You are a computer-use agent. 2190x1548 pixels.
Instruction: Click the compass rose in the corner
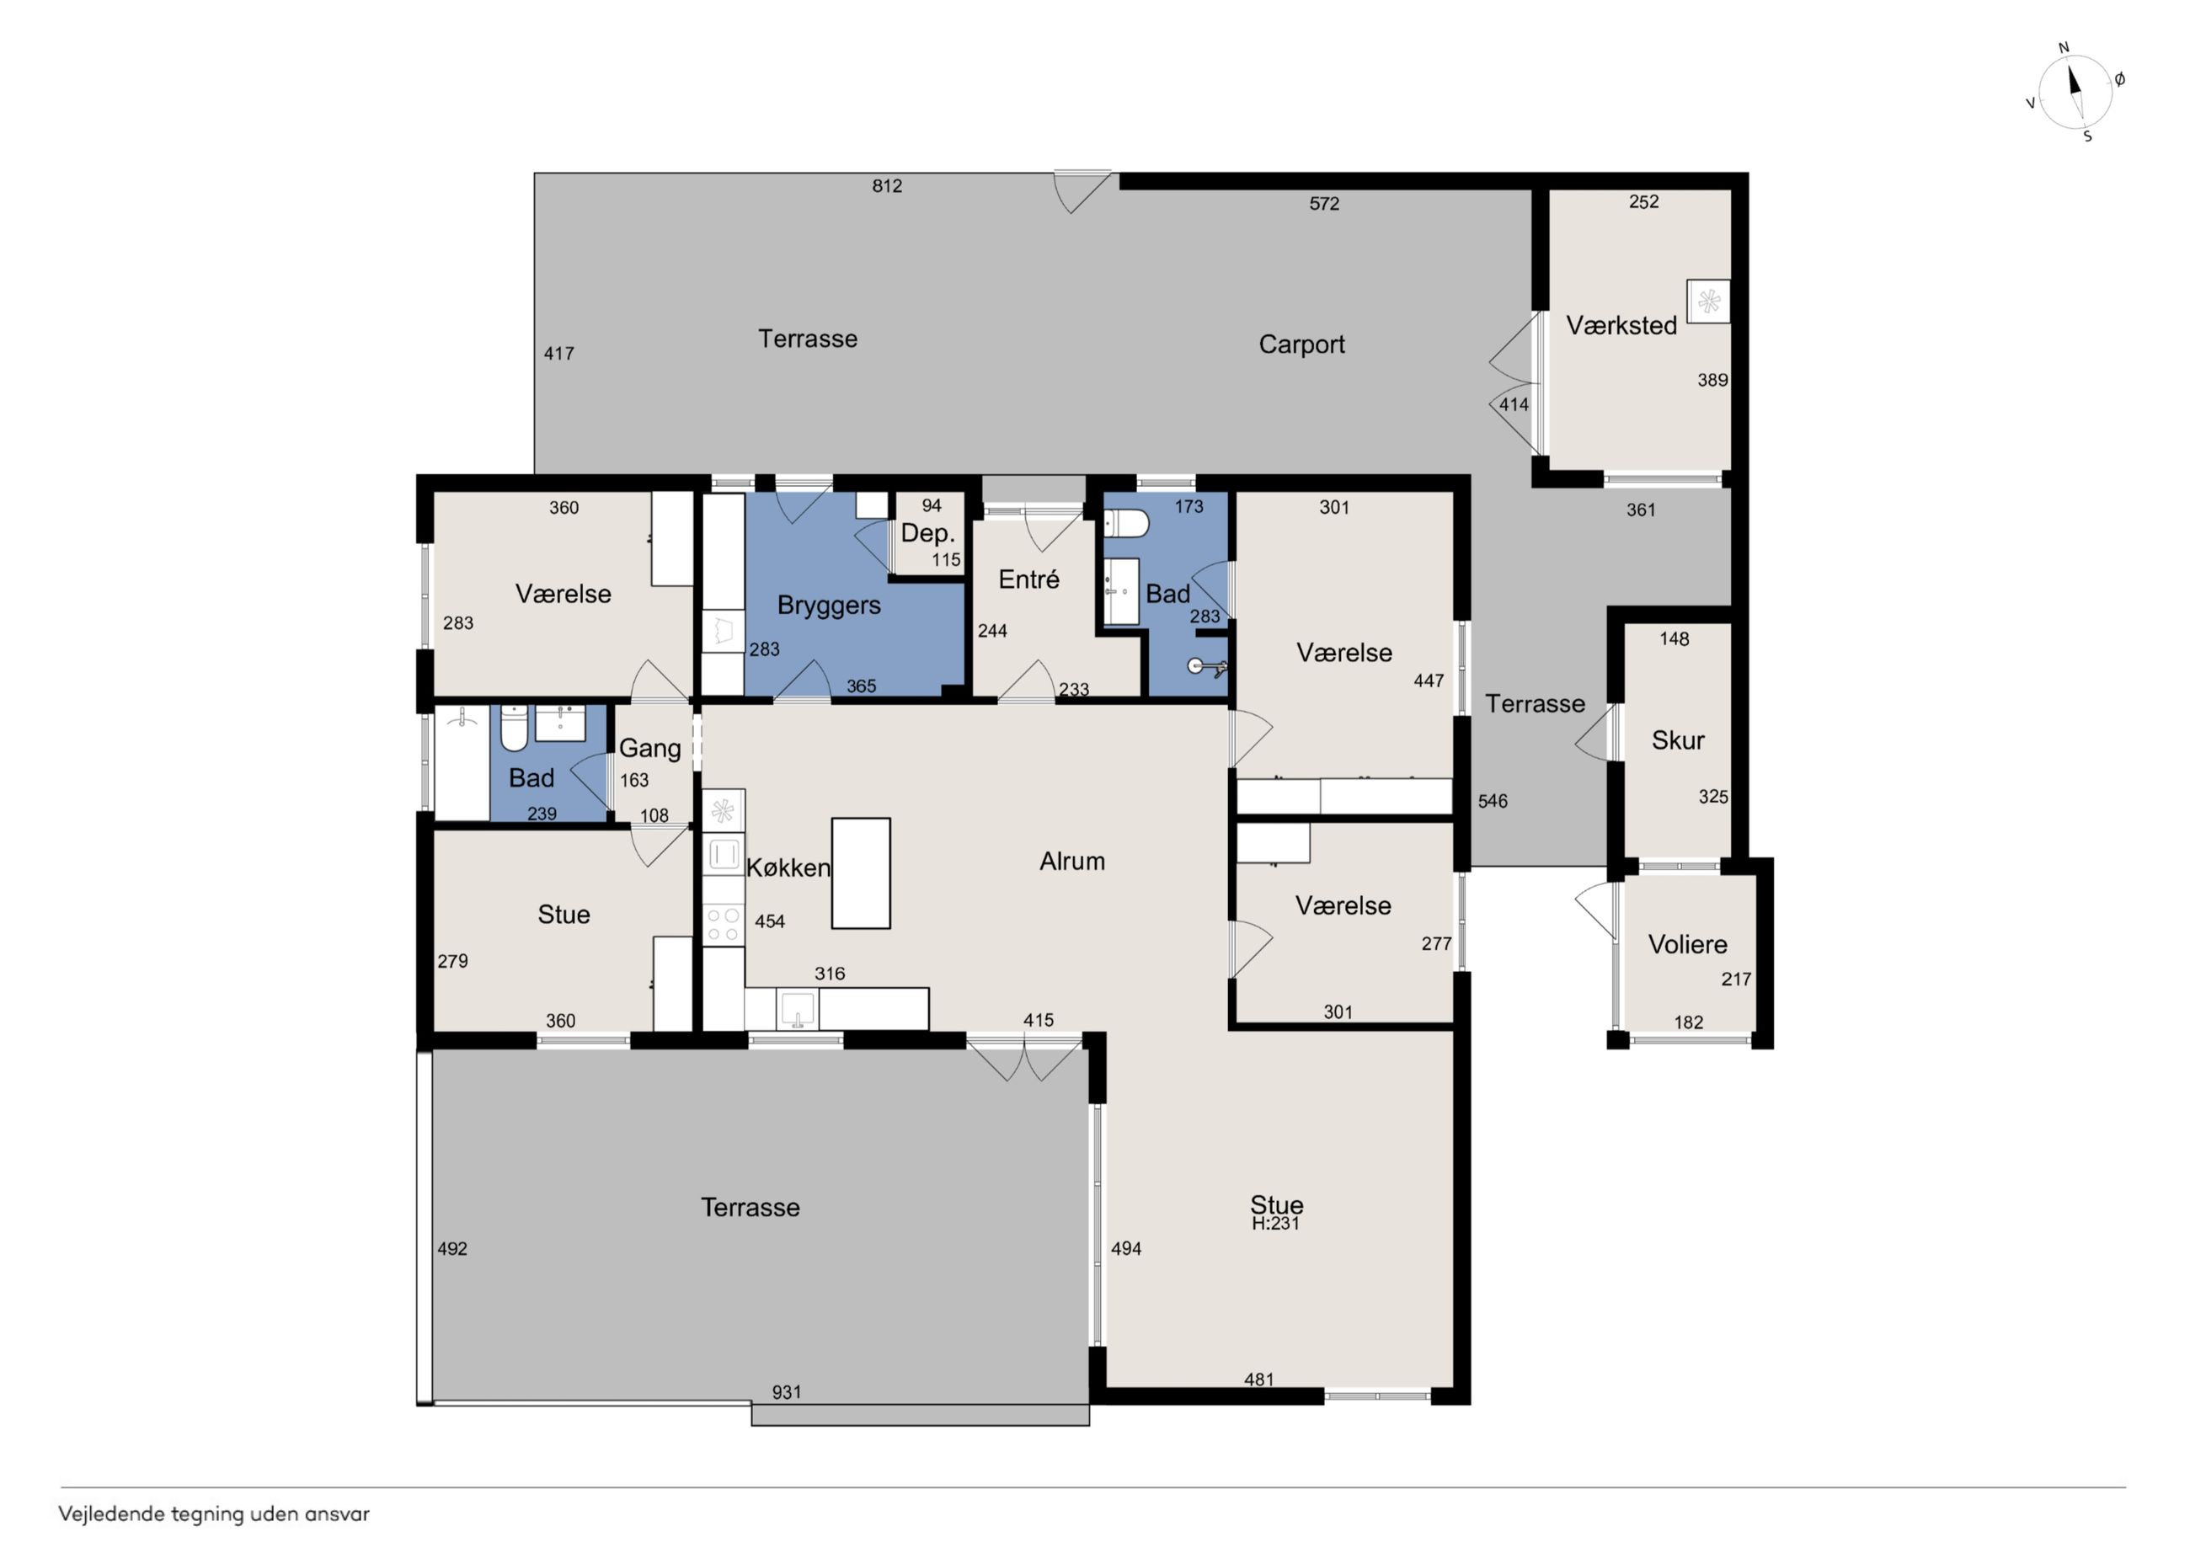[x=2075, y=92]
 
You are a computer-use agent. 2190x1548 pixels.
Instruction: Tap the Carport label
[x=1301, y=344]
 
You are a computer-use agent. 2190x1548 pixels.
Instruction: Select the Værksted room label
[x=1621, y=325]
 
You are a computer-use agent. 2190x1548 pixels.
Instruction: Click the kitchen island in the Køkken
[x=860, y=873]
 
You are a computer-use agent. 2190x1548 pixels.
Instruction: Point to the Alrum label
[x=1072, y=862]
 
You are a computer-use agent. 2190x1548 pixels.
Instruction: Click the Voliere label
[x=1687, y=944]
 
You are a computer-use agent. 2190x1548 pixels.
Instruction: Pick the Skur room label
[x=1678, y=740]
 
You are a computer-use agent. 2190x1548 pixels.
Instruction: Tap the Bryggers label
[x=829, y=606]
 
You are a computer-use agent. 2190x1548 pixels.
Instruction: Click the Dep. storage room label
[x=928, y=533]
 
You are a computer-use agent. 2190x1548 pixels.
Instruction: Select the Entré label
[x=1029, y=579]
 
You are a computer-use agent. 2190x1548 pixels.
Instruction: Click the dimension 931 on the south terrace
[x=787, y=1392]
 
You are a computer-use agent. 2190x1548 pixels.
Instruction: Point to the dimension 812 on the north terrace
[x=887, y=186]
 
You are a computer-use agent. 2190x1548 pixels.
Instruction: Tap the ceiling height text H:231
[x=1276, y=1224]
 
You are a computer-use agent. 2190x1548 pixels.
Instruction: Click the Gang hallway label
[x=649, y=749]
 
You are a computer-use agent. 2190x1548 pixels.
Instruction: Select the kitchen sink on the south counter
[x=798, y=1009]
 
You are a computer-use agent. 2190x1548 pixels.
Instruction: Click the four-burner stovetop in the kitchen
[x=723, y=924]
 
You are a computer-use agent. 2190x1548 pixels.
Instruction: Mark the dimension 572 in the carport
[x=1324, y=203]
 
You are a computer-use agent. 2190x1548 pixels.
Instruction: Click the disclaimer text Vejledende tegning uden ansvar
[x=214, y=1513]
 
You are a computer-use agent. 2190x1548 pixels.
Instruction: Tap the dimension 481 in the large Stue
[x=1259, y=1380]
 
